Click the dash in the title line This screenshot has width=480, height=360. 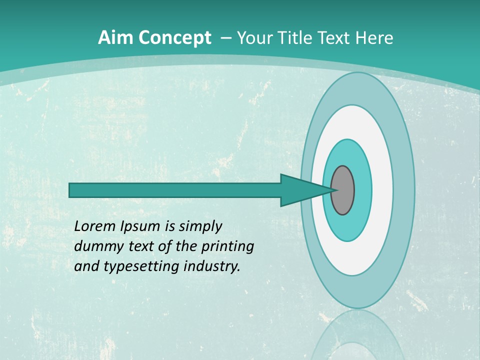pos(225,38)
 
